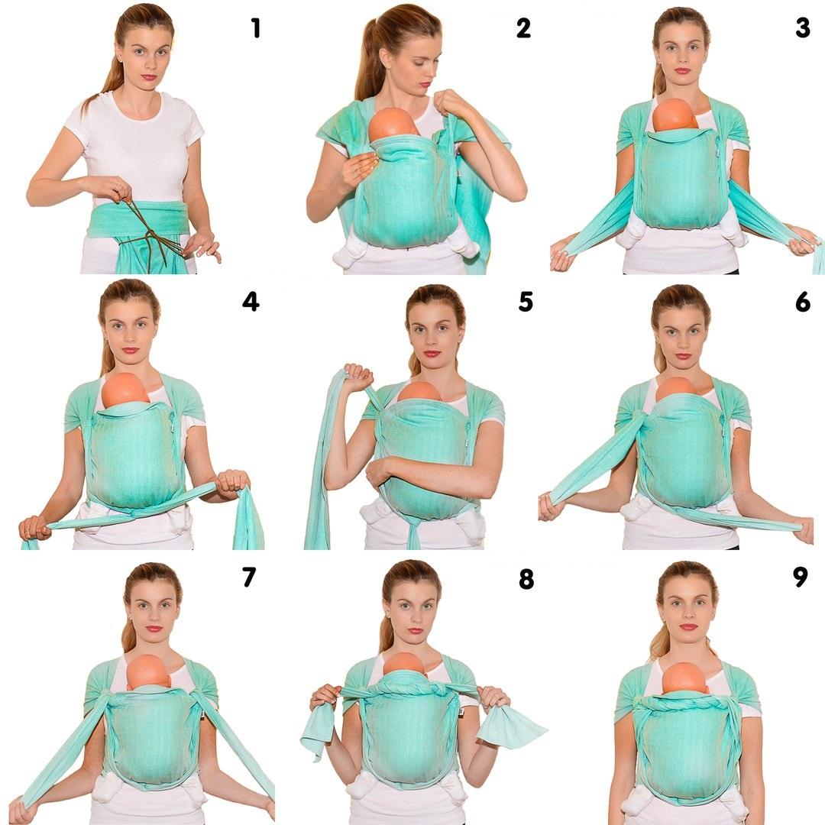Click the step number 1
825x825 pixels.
coord(256,28)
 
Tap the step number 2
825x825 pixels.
coord(523,28)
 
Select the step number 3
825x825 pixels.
coord(802,28)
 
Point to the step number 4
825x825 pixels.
coord(251,302)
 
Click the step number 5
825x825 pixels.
coord(526,302)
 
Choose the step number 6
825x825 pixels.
coord(803,302)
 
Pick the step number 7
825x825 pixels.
coord(249,577)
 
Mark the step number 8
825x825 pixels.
coord(526,578)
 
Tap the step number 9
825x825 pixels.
coord(801,577)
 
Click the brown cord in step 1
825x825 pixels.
coord(150,231)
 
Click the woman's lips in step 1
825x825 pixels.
coord(149,78)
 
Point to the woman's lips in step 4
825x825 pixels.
coord(130,351)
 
